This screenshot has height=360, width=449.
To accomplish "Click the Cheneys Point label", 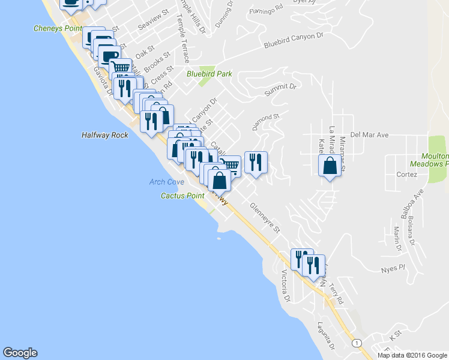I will coord(57,28).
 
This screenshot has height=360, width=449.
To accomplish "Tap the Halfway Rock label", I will coord(105,136).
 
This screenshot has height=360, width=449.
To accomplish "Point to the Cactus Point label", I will coord(183,196).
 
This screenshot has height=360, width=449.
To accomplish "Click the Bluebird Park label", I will coord(209,74).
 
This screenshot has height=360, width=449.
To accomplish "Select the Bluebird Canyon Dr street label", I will coord(293,41).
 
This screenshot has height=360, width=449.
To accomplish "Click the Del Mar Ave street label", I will coord(370,135).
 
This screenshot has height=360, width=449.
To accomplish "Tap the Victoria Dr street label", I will coord(286,286).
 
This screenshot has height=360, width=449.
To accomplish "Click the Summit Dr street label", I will coord(280,90).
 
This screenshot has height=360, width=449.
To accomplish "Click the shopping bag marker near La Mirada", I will coord(330,166).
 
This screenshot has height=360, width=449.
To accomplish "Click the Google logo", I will coord(20,353).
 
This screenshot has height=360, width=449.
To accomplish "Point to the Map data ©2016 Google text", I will coord(412,355).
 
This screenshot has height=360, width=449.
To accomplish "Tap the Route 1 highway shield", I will coord(358,343).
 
